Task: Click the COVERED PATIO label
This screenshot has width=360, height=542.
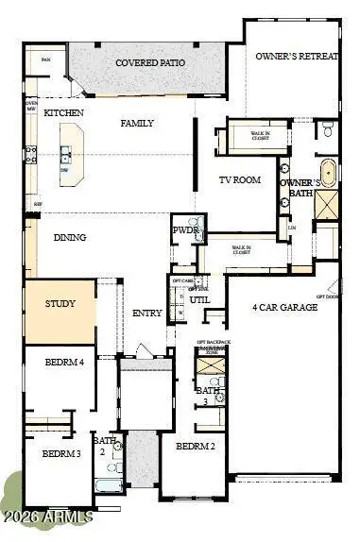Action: [x=150, y=63]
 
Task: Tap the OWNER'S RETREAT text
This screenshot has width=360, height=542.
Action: [x=296, y=56]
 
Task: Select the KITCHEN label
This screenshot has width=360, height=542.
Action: [x=63, y=113]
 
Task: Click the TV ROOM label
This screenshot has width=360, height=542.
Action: [x=240, y=179]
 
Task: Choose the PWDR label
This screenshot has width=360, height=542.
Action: [x=183, y=229]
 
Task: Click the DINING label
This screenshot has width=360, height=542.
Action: [x=71, y=238]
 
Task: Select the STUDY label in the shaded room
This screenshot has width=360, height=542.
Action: [x=59, y=304]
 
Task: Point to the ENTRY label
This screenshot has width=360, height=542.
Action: [x=147, y=313]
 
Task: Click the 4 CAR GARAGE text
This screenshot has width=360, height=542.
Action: [x=284, y=308]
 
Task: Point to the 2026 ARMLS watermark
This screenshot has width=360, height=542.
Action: [x=46, y=517]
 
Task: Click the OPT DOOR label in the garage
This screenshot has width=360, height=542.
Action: [x=327, y=296]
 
